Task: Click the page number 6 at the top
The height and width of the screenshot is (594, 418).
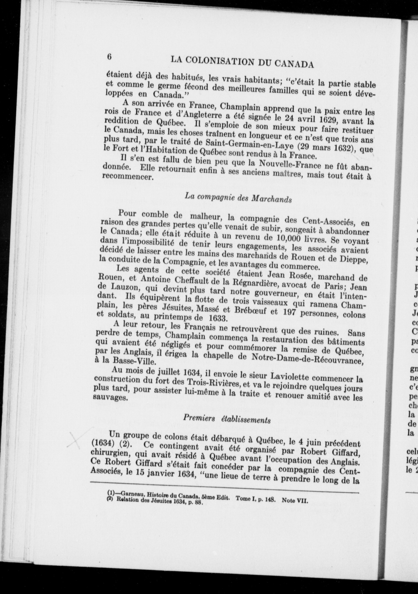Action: coord(109,57)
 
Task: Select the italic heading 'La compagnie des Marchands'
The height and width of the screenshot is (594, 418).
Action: coord(238,197)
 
